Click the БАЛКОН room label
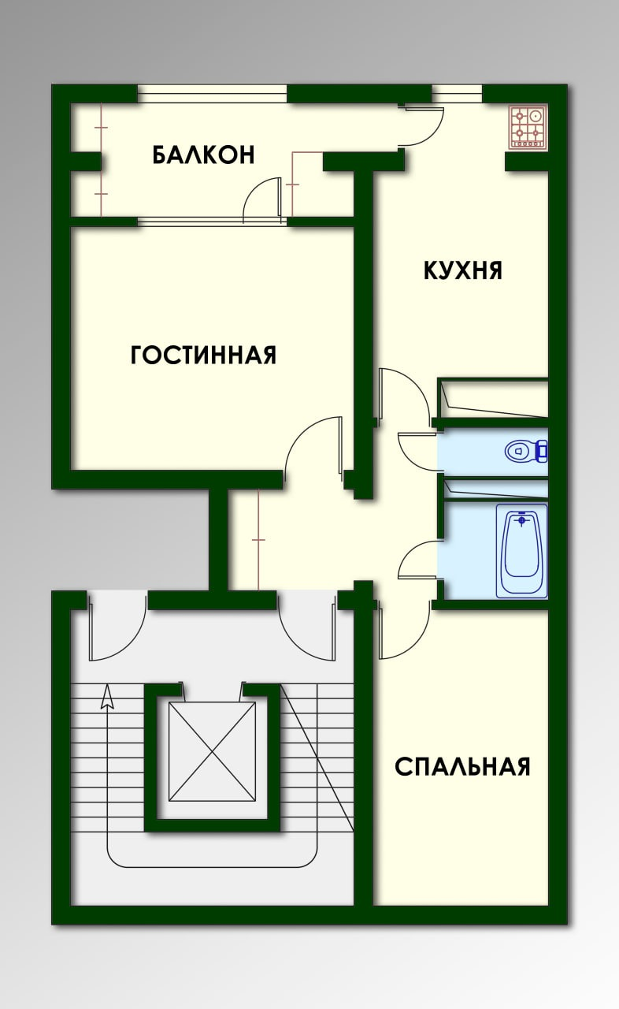coord(204,155)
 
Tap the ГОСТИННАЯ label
coord(203,355)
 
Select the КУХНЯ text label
coord(463,270)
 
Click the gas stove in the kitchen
coord(529,127)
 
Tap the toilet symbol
coord(525,450)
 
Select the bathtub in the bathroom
coord(522,551)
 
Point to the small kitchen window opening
coord(457,94)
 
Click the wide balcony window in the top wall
coord(212,94)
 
